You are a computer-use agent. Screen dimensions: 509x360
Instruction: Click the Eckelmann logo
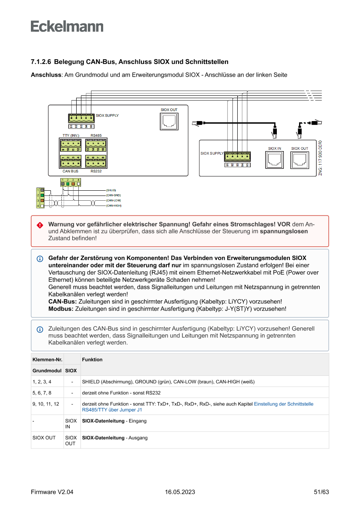point(67,26)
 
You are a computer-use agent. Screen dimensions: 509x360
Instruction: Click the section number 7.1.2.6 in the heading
point(41,62)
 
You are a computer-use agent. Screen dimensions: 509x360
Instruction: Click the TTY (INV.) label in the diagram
point(71,135)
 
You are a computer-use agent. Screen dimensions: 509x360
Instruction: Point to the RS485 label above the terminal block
point(96,135)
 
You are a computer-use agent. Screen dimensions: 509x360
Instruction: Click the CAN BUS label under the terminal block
point(71,172)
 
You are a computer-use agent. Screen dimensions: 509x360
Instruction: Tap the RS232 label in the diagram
point(96,172)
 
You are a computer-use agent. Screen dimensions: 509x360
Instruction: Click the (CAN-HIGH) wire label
point(114,205)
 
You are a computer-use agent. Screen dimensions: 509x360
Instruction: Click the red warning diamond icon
point(40,225)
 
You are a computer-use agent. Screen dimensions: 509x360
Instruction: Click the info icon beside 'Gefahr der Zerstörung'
point(40,259)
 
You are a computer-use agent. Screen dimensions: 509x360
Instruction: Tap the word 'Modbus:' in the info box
point(61,309)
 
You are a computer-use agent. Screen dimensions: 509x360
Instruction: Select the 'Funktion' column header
point(92,360)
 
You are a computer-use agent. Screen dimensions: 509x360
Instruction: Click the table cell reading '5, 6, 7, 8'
point(42,393)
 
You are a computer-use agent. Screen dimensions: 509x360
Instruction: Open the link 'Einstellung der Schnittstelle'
point(283,404)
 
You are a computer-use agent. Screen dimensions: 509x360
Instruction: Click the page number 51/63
point(321,492)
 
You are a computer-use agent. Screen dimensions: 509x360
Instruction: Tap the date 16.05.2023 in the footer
point(180,492)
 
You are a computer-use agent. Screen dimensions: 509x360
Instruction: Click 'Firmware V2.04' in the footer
point(52,492)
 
